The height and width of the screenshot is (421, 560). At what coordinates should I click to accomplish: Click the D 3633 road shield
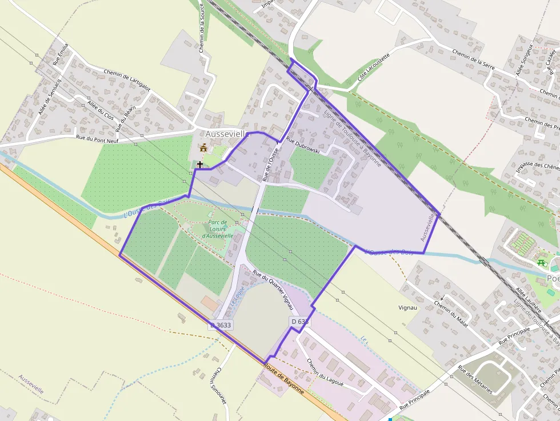[221, 325]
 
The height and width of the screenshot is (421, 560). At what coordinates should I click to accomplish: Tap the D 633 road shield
[300, 322]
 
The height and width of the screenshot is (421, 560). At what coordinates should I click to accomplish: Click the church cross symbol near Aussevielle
[200, 165]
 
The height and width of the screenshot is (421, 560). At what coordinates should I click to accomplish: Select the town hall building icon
[203, 148]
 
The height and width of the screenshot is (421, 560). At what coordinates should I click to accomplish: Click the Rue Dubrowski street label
[302, 147]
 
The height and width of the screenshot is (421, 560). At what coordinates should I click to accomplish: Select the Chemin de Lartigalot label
[127, 79]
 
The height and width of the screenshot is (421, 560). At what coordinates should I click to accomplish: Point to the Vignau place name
[409, 307]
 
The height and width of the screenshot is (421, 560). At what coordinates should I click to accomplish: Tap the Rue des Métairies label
[475, 379]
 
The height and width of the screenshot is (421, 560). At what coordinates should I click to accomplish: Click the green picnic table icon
[541, 262]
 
